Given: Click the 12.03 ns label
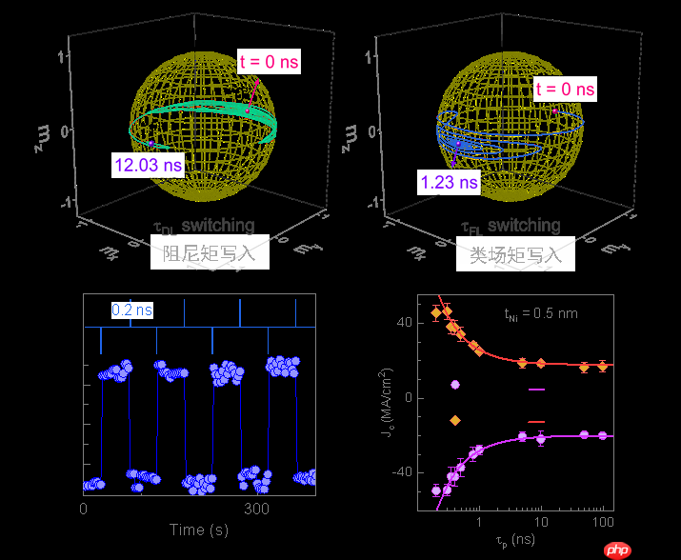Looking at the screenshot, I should click(x=148, y=166).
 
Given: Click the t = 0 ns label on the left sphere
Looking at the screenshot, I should click(x=269, y=63).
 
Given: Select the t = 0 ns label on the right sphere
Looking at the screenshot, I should click(x=565, y=90).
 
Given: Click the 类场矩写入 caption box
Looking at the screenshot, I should click(x=516, y=255).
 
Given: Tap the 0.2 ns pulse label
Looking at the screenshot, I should click(x=132, y=310).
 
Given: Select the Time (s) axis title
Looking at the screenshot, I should click(x=199, y=530).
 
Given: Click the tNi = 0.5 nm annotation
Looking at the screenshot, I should click(x=540, y=312).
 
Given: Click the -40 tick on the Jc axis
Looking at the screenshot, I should click(x=401, y=472).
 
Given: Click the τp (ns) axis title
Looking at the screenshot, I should click(x=517, y=540).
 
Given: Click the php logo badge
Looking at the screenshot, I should click(x=618, y=549).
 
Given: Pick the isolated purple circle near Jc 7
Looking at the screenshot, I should click(x=455, y=385).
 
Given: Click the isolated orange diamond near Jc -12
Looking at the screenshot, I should click(x=455, y=420).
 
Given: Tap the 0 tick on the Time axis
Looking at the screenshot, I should click(x=84, y=509).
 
